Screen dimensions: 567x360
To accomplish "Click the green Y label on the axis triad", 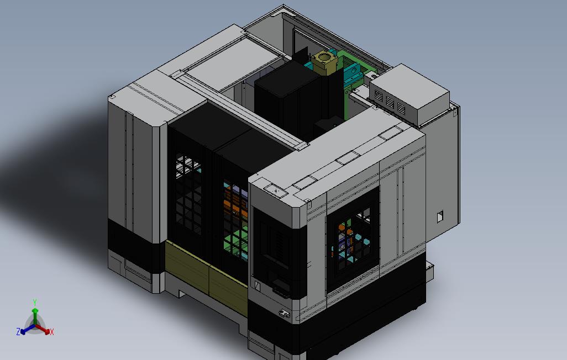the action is tap(35, 302).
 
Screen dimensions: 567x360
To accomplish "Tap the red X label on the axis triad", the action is tap(52, 332).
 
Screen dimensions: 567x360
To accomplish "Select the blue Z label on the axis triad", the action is tap(18, 331).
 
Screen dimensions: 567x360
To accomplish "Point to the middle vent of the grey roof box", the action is tap(390, 102).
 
